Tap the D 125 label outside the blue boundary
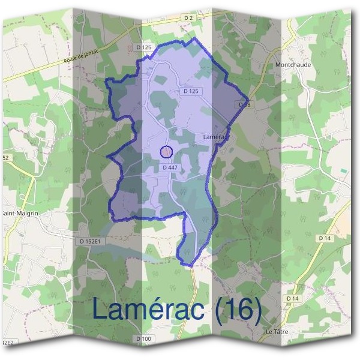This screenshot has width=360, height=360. point(143,47)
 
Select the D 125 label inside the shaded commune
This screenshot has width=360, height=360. point(190,91)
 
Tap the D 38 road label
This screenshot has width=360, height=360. point(244,104)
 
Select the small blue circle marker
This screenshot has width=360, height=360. point(167,152)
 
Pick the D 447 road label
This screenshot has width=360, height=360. point(170,168)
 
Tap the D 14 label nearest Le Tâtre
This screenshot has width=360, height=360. point(292,298)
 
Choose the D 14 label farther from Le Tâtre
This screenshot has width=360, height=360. point(325,238)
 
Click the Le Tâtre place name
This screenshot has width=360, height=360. point(277,331)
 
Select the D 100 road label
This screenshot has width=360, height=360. point(144,340)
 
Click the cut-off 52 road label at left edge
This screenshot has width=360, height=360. point(5,157)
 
